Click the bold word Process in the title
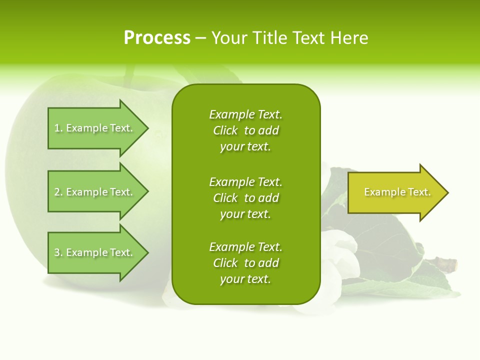157,38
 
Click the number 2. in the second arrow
58,192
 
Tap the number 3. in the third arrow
58,252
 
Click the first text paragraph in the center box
245,130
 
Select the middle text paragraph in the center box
245,198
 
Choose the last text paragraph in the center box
245,263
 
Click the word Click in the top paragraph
225,130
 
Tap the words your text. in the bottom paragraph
245,279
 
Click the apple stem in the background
130,75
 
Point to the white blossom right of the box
340,250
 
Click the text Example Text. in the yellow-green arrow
397,192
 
